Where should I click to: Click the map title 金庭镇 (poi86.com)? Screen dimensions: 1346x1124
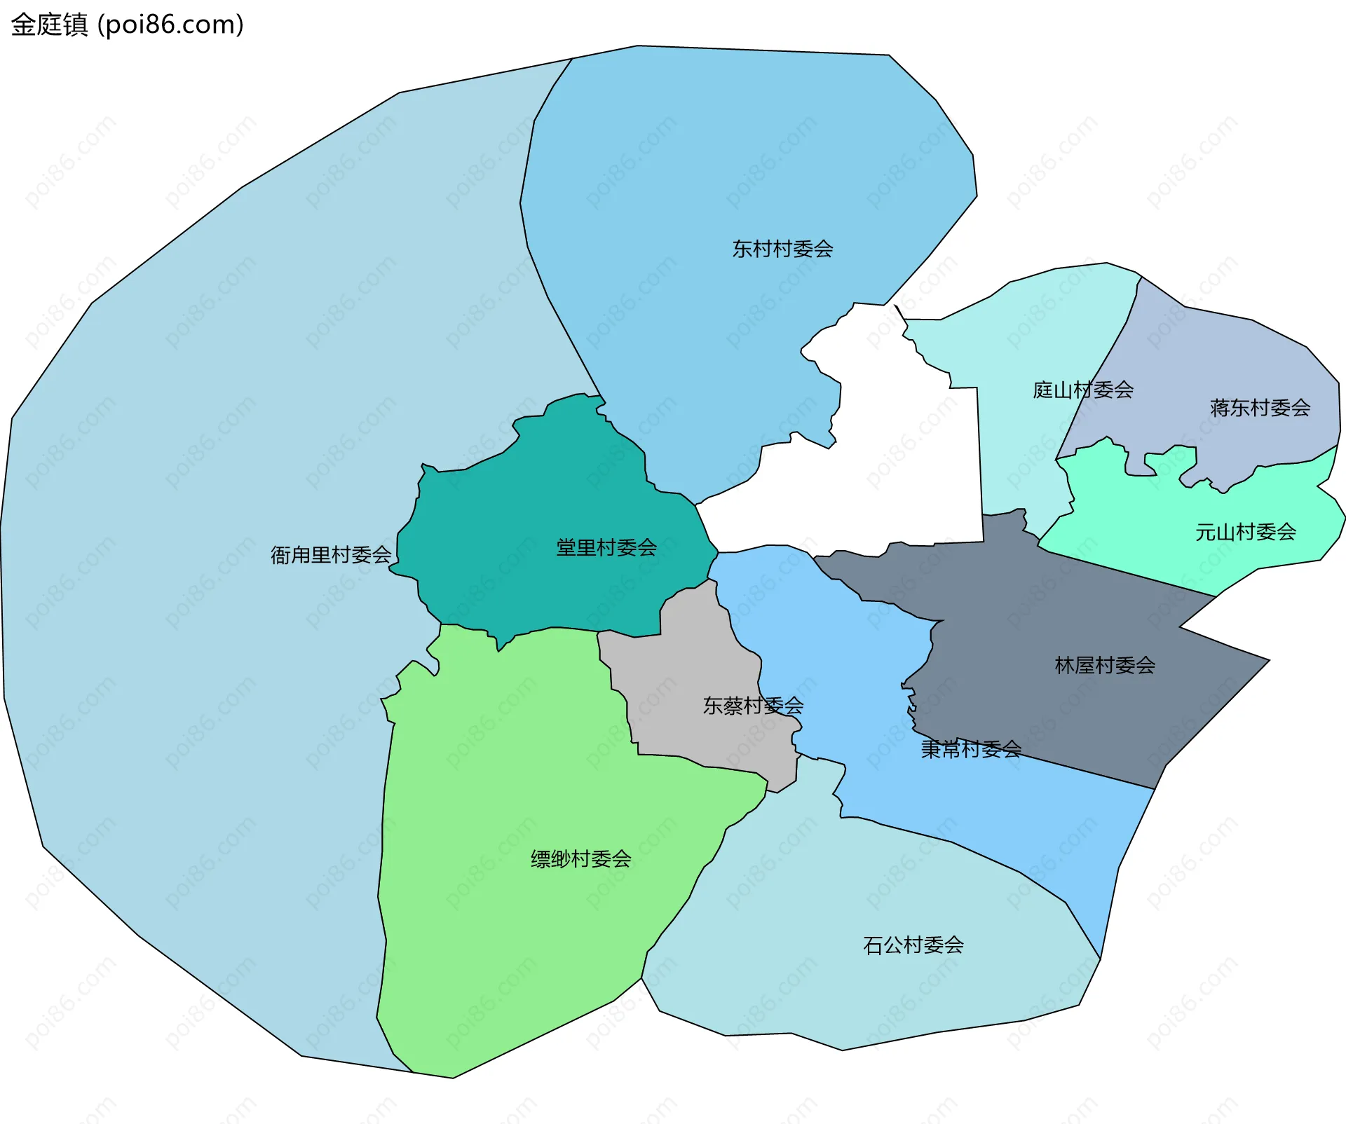coord(127,25)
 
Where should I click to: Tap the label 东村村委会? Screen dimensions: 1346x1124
coord(782,249)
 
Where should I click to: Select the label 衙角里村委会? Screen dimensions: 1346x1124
coord(331,555)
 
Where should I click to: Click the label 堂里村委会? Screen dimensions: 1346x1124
coord(606,547)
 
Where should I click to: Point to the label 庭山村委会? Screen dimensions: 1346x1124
coord(1083,390)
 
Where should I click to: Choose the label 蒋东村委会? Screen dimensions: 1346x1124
coord(1260,408)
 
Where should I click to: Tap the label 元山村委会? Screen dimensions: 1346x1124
coord(1245,532)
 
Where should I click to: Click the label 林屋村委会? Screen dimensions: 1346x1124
coord(1105,665)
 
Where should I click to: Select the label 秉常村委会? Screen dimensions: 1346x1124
coord(971,749)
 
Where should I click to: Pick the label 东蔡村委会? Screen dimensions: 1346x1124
coord(753,706)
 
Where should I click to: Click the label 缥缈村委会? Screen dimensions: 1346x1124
coord(580,858)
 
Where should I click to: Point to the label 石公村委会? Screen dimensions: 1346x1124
coord(913,945)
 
